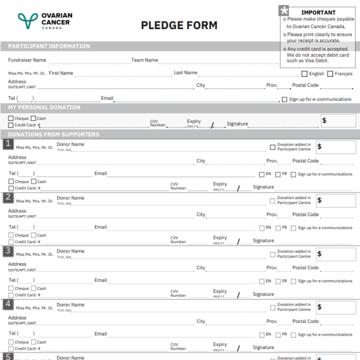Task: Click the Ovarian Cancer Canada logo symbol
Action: pyautogui.click(x=28, y=21)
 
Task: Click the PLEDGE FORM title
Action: pyautogui.click(x=179, y=25)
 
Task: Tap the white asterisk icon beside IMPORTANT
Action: pyautogui.click(x=284, y=11)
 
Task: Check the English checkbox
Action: pyautogui.click(x=304, y=74)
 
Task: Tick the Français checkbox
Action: pyautogui.click(x=330, y=74)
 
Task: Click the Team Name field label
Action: pyautogui.click(x=144, y=60)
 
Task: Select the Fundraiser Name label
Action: pyautogui.click(x=27, y=60)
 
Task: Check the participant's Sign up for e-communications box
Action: pyautogui.click(x=284, y=99)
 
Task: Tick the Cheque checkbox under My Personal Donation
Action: pyautogui.click(x=11, y=118)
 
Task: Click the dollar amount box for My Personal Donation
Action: pyautogui.click(x=338, y=121)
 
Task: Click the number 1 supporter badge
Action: pyautogui.click(x=8, y=144)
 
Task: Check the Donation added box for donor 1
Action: pyautogui.click(x=273, y=147)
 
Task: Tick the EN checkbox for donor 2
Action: pyautogui.click(x=262, y=228)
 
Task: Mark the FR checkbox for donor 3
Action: pyautogui.click(x=278, y=281)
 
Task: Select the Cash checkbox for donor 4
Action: pyautogui.click(x=34, y=342)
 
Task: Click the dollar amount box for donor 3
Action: pyautogui.click(x=336, y=254)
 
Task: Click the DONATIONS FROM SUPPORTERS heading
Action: pyautogui.click(x=53, y=135)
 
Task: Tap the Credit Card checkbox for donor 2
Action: pyautogui.click(x=11, y=242)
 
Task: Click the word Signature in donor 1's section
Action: pyautogui.click(x=263, y=187)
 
